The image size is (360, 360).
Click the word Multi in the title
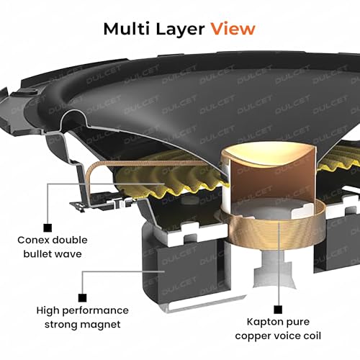(x=127, y=29)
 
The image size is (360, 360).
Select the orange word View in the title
(x=233, y=29)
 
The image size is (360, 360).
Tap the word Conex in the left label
(x=33, y=240)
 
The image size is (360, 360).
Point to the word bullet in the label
(x=39, y=253)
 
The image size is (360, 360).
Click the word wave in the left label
(x=69, y=254)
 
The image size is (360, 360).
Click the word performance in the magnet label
(x=96, y=311)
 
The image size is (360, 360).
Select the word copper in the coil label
(x=252, y=336)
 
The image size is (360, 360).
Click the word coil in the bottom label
(x=312, y=336)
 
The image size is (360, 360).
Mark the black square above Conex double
(x=48, y=228)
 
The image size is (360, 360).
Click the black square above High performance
(x=83, y=298)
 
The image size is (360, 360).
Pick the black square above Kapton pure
(x=278, y=310)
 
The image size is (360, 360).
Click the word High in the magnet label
(x=48, y=311)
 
